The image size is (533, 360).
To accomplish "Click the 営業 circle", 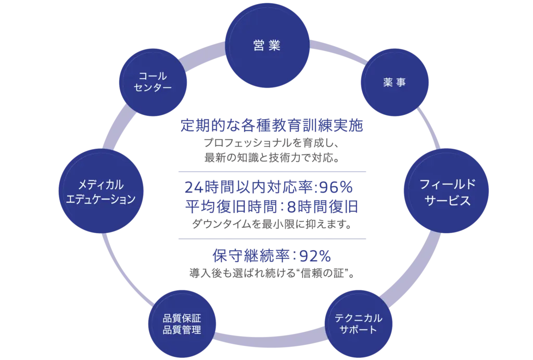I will (x=266, y=46).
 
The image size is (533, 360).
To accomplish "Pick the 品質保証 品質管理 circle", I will (x=182, y=324).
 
